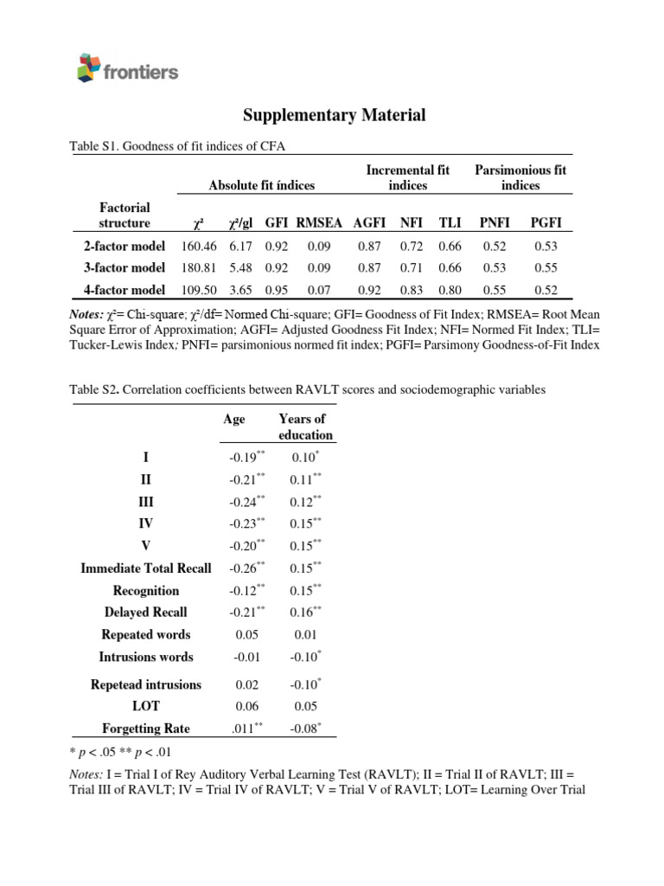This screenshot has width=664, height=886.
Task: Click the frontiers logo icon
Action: tap(88, 67)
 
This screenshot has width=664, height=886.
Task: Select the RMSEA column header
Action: tap(319, 223)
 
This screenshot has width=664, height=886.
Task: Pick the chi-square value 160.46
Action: tap(198, 247)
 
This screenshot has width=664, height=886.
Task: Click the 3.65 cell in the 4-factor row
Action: tap(240, 291)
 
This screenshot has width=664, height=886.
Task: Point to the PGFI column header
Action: tap(546, 223)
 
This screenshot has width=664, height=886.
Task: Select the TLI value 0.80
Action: tap(450, 291)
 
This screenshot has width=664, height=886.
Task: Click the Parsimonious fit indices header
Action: tap(520, 178)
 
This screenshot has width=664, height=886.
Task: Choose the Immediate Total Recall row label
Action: tap(145, 568)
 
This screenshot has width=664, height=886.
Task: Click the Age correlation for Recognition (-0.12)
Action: tap(245, 591)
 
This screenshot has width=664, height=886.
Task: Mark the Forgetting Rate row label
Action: tap(145, 729)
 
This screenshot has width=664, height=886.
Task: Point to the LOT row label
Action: tap(145, 707)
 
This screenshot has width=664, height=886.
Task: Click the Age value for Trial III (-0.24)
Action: tap(245, 502)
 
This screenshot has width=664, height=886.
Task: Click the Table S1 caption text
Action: tap(176, 146)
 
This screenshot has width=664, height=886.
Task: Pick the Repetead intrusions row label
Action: tap(145, 684)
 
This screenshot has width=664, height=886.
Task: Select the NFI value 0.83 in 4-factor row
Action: tap(411, 291)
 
